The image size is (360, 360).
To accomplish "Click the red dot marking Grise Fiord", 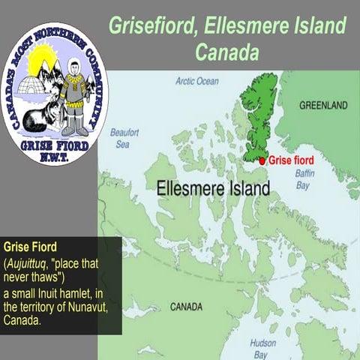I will point(262,160).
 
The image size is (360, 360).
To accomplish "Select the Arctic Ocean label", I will point(197,81).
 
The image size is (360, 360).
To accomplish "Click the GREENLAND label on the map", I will point(323,106).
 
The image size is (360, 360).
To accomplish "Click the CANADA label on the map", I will point(185,307).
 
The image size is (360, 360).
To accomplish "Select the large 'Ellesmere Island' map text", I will point(214,187).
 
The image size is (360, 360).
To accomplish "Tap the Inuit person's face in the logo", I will point(73,65).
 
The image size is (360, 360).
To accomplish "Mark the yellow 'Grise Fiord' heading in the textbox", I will point(30,246).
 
